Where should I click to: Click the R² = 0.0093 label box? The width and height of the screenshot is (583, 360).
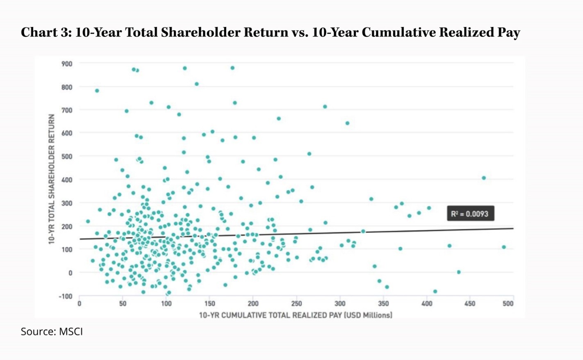[470, 214]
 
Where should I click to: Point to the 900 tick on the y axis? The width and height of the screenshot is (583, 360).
[67, 64]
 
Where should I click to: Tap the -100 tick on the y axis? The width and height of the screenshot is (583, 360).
[66, 296]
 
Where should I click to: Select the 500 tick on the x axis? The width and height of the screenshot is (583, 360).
[508, 304]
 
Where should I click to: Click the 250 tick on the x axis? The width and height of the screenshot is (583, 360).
[296, 304]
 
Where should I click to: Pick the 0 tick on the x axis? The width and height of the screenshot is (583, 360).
[80, 304]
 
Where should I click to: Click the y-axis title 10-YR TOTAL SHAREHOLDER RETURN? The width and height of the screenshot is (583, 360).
[52, 179]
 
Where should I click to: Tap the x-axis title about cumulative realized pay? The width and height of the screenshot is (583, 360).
[296, 315]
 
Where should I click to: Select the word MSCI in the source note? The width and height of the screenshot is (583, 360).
[71, 331]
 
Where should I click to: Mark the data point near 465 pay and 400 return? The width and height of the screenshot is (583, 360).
[484, 178]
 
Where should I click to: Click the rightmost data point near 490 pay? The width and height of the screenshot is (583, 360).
[504, 247]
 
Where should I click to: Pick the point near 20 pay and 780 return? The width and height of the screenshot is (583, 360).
[97, 91]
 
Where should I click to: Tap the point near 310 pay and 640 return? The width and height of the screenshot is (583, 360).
[348, 123]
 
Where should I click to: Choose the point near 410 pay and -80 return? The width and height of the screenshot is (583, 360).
[435, 292]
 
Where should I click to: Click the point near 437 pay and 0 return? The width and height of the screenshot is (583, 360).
[459, 272]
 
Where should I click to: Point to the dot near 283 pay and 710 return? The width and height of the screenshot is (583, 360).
[325, 107]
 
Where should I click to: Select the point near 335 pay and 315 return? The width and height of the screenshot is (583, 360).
[371, 199]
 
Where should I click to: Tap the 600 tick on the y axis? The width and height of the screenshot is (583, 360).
[67, 133]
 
